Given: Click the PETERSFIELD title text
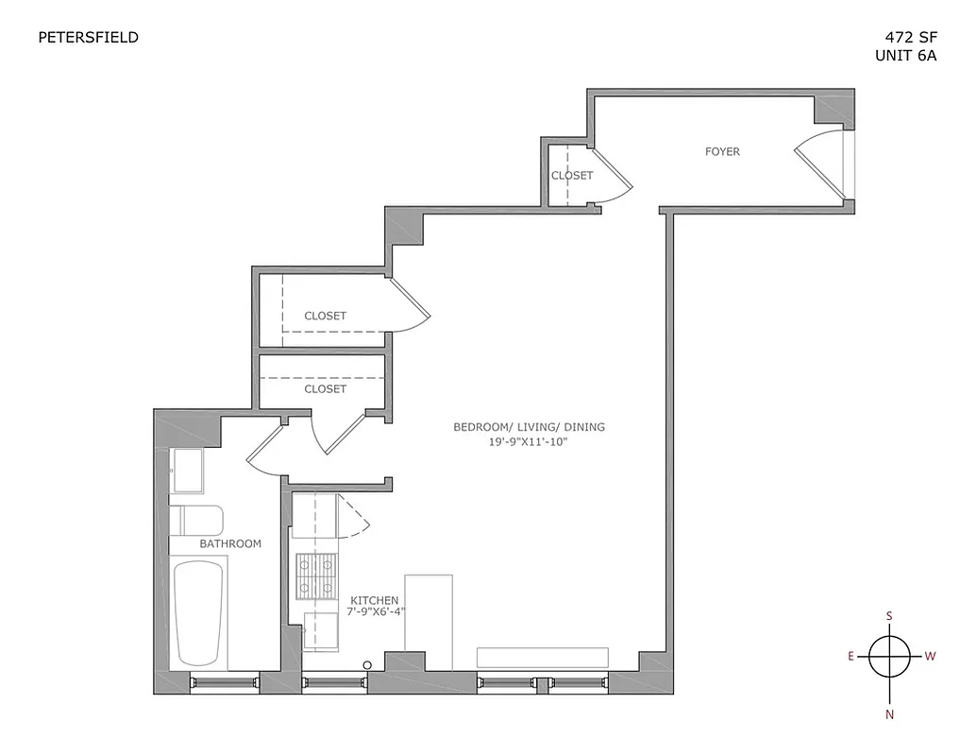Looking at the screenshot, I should click(88, 38).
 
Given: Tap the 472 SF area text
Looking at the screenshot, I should click(905, 38).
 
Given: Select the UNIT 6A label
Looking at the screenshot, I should click(905, 55).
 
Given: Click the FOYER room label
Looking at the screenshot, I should click(723, 151).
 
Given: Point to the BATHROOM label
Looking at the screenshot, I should click(230, 543).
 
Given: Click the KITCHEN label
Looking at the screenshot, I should click(375, 600).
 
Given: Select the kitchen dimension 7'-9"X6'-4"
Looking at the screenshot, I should click(376, 612).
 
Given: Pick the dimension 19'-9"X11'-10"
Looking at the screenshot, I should click(529, 441).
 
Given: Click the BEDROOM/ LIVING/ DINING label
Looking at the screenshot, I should click(529, 427).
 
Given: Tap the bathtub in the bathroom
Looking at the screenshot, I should click(199, 613).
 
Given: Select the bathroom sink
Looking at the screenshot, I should click(186, 471).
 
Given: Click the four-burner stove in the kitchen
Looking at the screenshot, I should click(315, 576).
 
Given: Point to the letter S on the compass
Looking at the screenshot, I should click(889, 615).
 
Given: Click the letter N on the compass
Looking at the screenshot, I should click(889, 714).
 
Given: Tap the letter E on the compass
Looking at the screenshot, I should click(851, 656).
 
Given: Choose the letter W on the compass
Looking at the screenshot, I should click(930, 656).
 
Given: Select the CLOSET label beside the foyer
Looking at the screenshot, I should click(572, 176).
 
